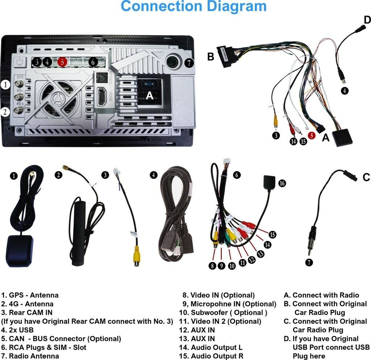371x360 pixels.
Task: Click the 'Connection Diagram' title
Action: coord(193,6)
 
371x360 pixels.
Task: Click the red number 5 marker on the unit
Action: coord(62,62)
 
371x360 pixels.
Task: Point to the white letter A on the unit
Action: coord(150,96)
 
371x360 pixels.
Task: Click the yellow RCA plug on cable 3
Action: coord(137,255)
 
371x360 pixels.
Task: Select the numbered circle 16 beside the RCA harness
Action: coord(282,183)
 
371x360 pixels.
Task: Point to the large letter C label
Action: coord(366,178)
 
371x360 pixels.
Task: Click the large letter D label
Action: coord(367,20)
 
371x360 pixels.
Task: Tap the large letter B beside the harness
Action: coord(210,57)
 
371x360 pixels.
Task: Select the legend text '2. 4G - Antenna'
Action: coord(27,304)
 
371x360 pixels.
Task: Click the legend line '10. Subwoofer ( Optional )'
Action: coord(223,313)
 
